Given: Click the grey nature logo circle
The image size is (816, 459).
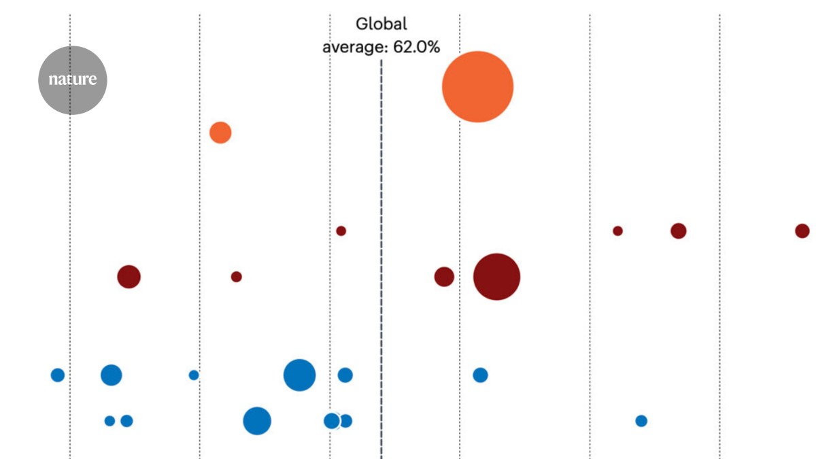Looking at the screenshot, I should click(72, 80).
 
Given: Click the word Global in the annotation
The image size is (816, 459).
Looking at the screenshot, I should click(381, 24).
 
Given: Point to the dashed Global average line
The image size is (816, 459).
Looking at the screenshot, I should click(381, 272).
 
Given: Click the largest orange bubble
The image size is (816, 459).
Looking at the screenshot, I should click(477, 87).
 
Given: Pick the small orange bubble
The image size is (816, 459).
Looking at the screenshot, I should click(220, 133).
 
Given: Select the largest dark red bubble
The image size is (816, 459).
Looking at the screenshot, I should click(496, 277).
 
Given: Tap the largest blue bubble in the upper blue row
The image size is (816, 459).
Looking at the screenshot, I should click(299, 375).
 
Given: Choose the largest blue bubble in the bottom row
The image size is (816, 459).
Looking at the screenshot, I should click(257, 421).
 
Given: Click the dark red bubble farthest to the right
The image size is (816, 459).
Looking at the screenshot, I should click(802, 231).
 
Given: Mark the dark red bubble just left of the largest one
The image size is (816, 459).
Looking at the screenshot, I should click(444, 277).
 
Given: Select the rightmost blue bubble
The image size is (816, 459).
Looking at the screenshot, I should click(641, 421).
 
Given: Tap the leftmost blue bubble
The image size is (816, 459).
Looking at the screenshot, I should click(58, 375).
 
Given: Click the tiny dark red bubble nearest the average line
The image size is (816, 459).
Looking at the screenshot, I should click(341, 231).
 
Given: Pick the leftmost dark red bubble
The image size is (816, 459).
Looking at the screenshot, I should click(129, 277).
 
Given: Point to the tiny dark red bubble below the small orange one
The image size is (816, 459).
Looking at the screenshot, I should click(236, 277).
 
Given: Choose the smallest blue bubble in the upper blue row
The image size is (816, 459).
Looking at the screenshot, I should click(194, 375).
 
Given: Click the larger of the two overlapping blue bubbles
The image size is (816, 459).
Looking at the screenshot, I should click(331, 421).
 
